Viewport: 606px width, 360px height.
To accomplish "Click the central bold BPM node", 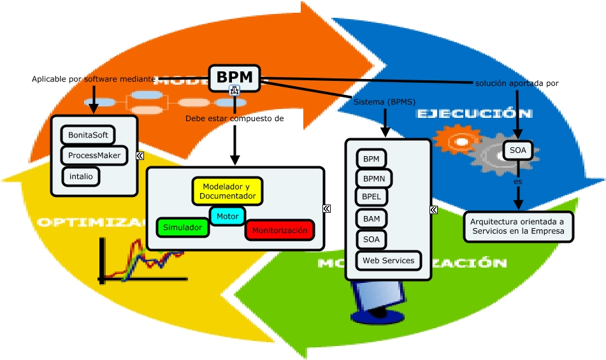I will [234, 77].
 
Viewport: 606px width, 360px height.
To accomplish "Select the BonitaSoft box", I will [88, 136].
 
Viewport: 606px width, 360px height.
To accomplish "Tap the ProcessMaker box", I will [94, 155].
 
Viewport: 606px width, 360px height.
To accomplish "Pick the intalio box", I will [81, 176].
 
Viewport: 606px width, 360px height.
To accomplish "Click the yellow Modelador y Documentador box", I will [227, 191].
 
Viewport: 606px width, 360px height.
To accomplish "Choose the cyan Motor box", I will [227, 217].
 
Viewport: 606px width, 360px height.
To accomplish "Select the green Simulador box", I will [182, 227].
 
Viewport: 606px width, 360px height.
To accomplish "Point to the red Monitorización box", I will [280, 230].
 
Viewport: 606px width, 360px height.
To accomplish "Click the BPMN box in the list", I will [374, 178].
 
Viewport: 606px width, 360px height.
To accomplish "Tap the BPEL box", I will [371, 197].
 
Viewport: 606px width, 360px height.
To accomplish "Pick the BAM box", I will [371, 219].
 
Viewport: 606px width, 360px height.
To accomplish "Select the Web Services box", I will [388, 260].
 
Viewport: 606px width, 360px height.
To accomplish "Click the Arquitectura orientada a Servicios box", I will [517, 226].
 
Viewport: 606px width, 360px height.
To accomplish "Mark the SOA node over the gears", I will [518, 150].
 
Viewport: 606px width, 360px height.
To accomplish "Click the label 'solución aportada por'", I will [517, 83].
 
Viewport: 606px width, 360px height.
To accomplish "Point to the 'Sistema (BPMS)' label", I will [384, 101].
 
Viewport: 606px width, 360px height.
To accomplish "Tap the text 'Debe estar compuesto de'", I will [234, 119].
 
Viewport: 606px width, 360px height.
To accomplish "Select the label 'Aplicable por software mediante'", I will [94, 79].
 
